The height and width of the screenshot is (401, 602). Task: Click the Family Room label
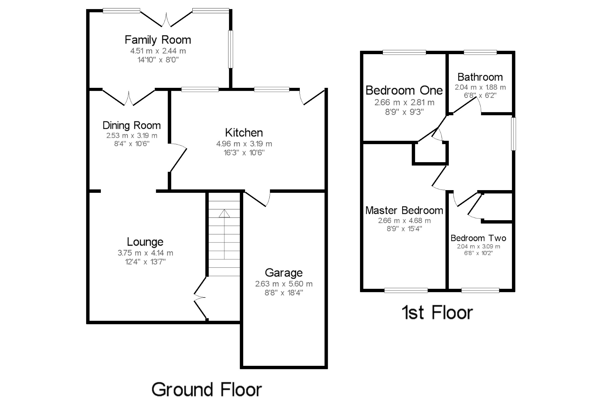[x=158, y=40]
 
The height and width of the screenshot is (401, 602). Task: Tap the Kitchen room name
[x=244, y=133]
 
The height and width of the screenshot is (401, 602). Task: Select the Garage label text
[x=284, y=273]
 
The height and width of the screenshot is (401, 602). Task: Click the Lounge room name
[x=145, y=242]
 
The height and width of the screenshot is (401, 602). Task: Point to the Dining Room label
[x=132, y=125]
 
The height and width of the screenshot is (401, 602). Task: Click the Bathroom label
[x=480, y=77]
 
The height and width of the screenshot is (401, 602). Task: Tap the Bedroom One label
[x=404, y=90]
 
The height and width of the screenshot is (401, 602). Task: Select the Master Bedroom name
[x=404, y=210]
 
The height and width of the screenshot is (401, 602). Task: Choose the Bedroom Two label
[x=478, y=238]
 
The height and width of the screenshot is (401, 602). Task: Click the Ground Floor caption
[x=207, y=390]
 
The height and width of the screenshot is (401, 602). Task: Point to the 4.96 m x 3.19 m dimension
[x=244, y=144]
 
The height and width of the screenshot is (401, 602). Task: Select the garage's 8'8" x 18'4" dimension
[x=284, y=292]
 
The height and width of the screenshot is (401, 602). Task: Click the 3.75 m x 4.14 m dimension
[x=145, y=253]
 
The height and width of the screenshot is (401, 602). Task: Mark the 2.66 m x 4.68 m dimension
[x=404, y=221]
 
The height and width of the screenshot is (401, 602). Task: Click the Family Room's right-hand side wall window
[x=230, y=49]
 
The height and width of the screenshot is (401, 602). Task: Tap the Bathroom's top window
[x=480, y=52]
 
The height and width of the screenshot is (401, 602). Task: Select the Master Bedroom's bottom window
[x=406, y=290]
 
